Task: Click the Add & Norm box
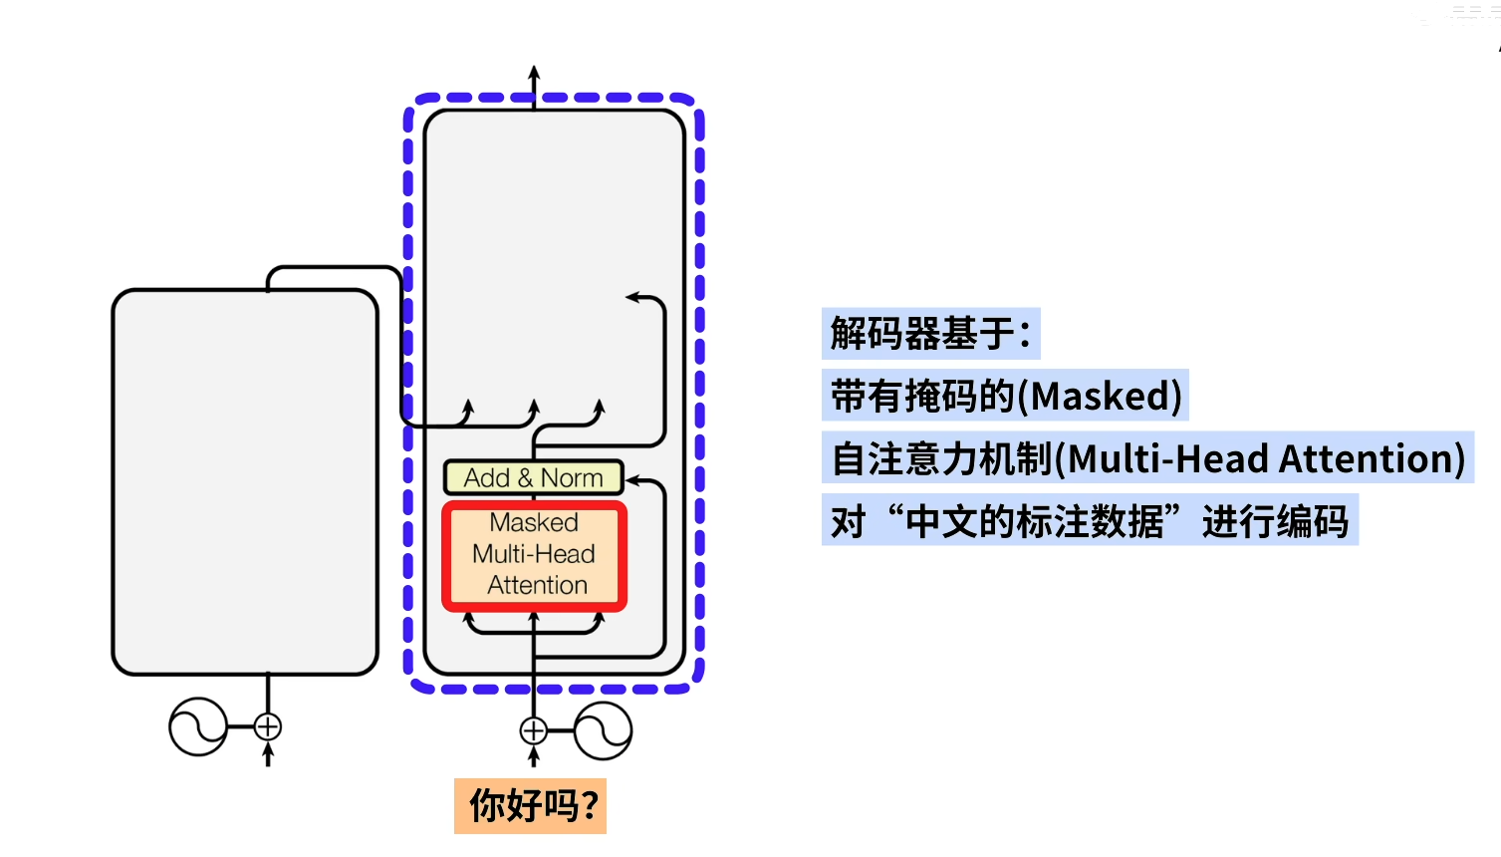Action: (x=533, y=478)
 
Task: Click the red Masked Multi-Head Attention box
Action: (x=534, y=555)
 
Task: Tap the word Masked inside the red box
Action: (x=534, y=523)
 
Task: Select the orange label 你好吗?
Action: (x=530, y=806)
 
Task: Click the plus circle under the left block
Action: (x=267, y=727)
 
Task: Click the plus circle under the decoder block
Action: (x=534, y=731)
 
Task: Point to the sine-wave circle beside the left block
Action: (x=198, y=727)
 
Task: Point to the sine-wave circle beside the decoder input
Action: (x=603, y=731)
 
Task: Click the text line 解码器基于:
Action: (x=930, y=334)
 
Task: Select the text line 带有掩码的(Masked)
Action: (x=1006, y=397)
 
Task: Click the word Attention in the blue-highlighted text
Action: (x=1372, y=459)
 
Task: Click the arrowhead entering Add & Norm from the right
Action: (x=631, y=480)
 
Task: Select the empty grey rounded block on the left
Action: (x=245, y=482)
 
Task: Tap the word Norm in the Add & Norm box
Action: (x=572, y=478)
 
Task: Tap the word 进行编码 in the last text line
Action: (x=1275, y=522)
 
